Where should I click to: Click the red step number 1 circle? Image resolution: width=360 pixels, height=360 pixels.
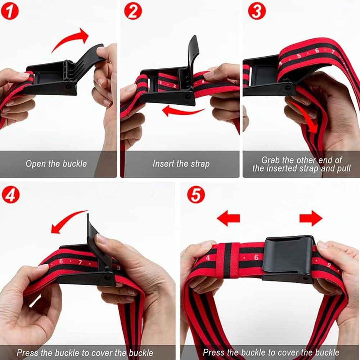click(x=10, y=11)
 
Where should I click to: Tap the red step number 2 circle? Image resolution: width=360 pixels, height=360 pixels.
click(x=133, y=11)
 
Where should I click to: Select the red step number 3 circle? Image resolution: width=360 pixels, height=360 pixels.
click(x=257, y=11)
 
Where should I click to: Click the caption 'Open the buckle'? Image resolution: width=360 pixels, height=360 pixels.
click(x=56, y=164)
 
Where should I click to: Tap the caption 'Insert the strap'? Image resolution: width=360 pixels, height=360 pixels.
click(x=181, y=164)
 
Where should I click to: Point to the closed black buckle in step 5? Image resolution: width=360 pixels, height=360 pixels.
click(x=288, y=258)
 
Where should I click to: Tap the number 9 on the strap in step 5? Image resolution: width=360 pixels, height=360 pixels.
click(x=329, y=265)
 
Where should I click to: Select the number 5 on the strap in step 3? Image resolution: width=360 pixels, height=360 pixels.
click(x=299, y=56)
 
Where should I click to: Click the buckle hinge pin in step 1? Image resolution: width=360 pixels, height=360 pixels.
click(x=69, y=86)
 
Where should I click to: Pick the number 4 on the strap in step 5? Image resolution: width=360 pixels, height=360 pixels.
click(x=208, y=258)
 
